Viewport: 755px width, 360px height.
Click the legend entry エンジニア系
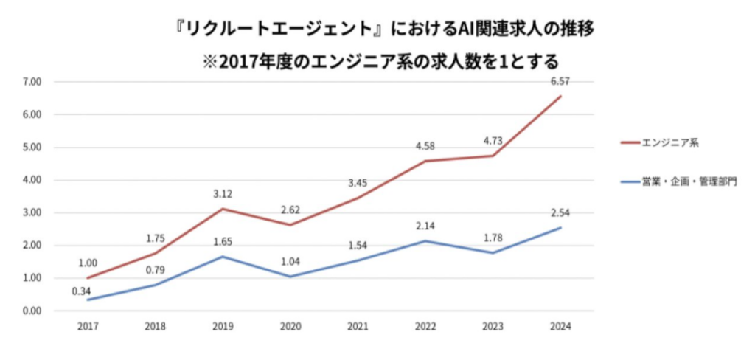668,142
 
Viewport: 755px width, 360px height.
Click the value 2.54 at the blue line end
560,212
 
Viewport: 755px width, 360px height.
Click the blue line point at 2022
426,240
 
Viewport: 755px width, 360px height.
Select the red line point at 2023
493,156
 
